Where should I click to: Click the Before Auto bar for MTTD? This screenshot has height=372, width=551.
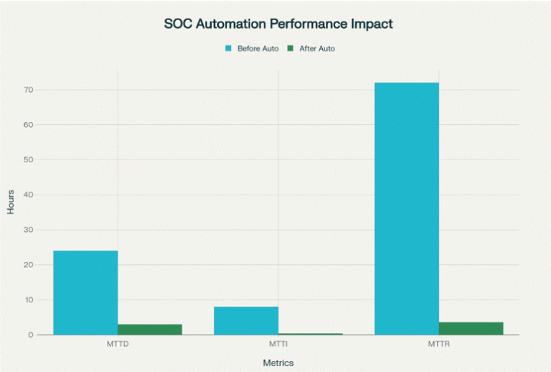coord(85,292)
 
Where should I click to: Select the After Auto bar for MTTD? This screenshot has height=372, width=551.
coord(150,330)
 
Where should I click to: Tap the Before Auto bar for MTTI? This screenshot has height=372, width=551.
coord(246,320)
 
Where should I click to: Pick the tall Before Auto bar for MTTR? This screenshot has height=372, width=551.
coord(407,208)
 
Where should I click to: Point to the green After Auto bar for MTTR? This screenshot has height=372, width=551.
coord(471,328)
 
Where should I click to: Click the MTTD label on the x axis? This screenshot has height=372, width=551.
coord(118,344)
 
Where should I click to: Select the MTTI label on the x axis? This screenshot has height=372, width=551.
coord(278,344)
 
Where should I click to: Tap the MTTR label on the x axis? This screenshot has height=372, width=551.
coord(439,344)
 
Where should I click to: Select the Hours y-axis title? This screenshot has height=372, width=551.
coord(11,201)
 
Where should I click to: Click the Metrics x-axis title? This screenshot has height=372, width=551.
coord(278,363)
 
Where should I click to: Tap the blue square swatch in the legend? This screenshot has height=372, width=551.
coord(229,49)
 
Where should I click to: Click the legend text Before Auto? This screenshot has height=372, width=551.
coord(258,49)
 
